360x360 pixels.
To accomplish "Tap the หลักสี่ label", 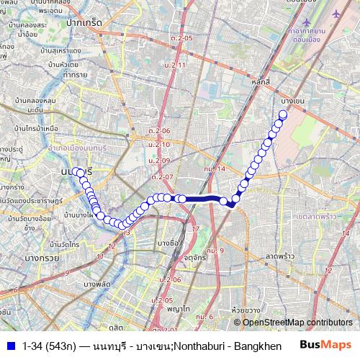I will tap(260, 84).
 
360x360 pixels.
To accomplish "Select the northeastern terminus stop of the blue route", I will tap(283, 114).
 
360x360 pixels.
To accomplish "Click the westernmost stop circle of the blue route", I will tap(75, 171).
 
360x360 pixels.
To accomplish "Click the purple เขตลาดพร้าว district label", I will tap(315, 216).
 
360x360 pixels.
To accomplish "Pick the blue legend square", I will tap(10, 346).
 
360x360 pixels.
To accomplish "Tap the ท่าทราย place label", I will tap(77, 74).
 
